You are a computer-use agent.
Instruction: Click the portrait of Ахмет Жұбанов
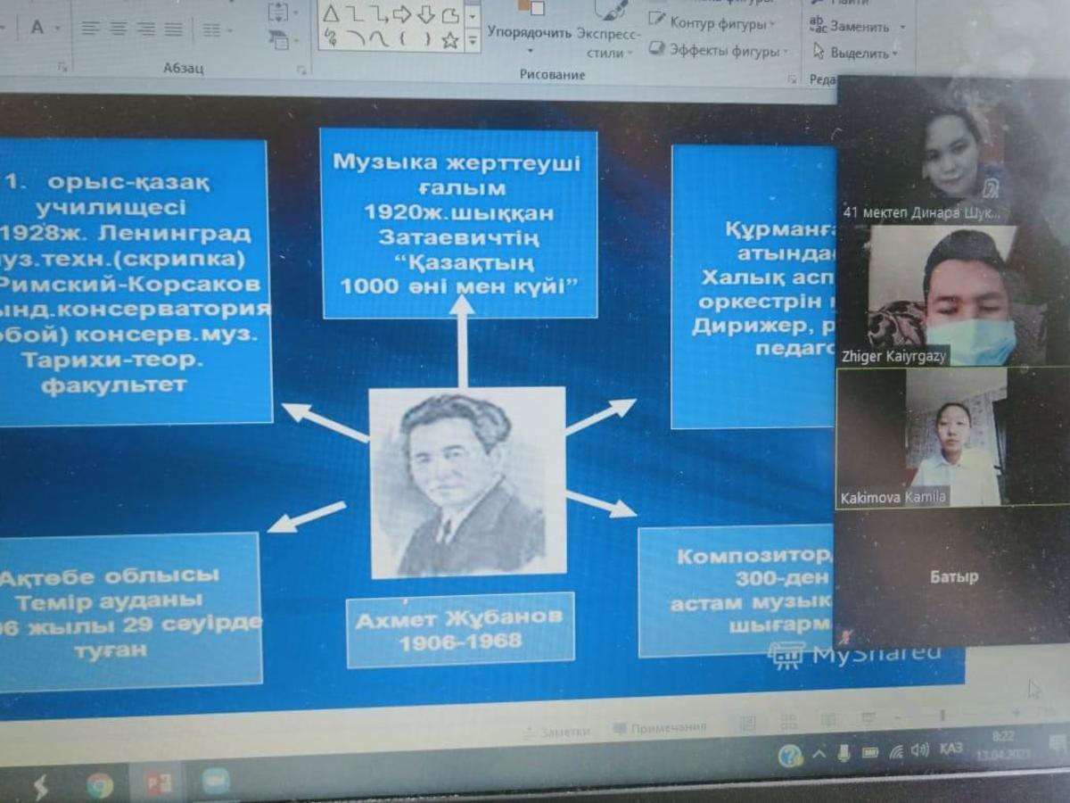click(x=468, y=482)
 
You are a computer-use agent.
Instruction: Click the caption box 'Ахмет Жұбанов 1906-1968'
click(x=460, y=630)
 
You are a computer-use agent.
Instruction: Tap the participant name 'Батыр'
click(x=953, y=576)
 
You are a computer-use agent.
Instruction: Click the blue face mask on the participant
click(x=971, y=341)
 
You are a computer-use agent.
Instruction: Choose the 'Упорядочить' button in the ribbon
click(x=529, y=33)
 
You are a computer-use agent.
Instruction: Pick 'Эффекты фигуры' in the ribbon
click(x=723, y=51)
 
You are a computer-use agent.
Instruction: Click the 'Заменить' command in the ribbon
click(x=860, y=27)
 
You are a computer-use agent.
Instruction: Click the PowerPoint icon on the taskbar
click(x=158, y=783)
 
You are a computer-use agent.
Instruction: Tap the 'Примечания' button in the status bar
click(x=660, y=729)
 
